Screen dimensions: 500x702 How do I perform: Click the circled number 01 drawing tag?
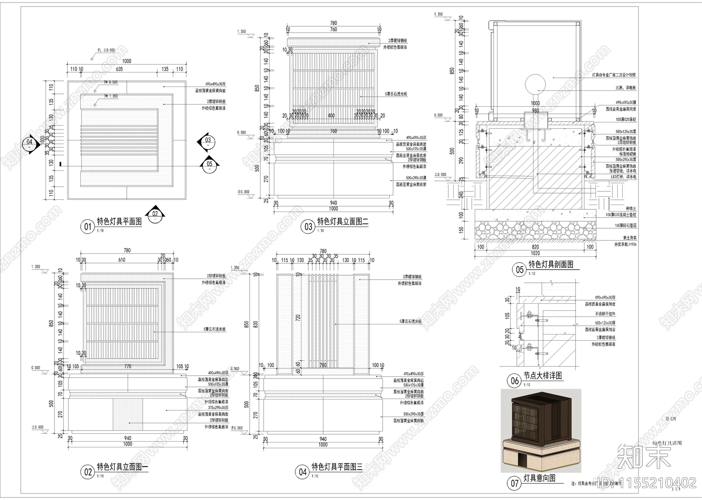click(87, 227)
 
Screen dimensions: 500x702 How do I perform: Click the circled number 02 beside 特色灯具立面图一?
click(88, 472)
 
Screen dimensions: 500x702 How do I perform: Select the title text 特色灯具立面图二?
click(343, 222)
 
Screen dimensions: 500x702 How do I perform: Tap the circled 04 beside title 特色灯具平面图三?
click(303, 472)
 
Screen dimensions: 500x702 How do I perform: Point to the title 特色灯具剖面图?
click(551, 264)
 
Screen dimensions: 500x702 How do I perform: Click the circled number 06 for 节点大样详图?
click(515, 381)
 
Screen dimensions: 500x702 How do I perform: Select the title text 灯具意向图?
click(539, 478)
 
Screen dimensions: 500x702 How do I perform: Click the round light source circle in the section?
click(536, 83)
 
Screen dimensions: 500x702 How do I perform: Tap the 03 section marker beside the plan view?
click(208, 140)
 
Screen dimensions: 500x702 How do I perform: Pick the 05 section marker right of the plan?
click(209, 164)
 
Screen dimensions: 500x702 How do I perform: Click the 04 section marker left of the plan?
click(29, 142)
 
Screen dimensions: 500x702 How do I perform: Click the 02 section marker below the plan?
click(155, 214)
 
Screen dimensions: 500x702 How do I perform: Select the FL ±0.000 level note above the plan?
click(105, 50)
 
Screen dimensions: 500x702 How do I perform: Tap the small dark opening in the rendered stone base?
click(523, 460)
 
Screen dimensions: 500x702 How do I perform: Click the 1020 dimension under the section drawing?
click(535, 253)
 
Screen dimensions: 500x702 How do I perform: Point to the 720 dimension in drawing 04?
click(298, 317)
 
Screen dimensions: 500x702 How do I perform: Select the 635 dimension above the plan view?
click(119, 69)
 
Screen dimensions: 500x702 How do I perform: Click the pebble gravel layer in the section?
click(535, 231)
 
